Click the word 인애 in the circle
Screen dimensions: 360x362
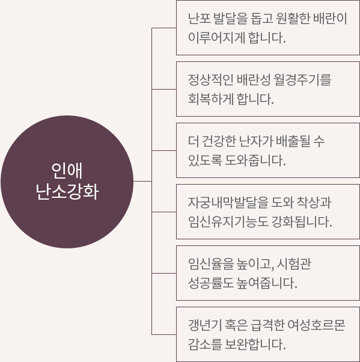coord(67,171)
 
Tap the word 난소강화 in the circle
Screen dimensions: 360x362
coord(67,191)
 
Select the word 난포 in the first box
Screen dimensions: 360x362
coord(199,18)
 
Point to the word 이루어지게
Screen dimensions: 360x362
coord(216,38)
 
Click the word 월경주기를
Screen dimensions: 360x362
coord(302,79)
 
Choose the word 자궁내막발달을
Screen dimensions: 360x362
coord(228,202)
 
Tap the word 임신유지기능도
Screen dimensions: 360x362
coord(228,222)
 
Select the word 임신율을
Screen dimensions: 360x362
coord(211,263)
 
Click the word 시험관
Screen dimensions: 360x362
coord(294,263)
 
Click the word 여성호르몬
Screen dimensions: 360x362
coord(316,325)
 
